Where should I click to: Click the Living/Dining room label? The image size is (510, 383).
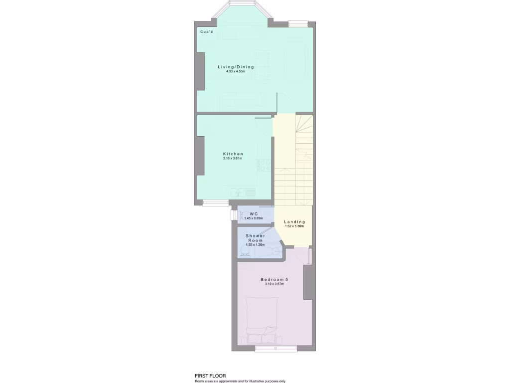[236, 67]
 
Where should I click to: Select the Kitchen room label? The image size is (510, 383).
[233, 154]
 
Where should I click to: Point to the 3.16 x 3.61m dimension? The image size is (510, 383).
[233, 159]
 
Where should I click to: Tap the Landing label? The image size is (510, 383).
[294, 222]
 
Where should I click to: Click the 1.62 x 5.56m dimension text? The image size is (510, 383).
[294, 226]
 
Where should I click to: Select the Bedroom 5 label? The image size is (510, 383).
[274, 280]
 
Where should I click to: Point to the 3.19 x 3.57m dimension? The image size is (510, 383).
[274, 284]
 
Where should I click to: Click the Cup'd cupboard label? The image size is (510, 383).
[207, 32]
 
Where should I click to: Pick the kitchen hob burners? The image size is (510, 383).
[264, 165]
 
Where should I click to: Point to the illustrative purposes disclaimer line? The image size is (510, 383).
[240, 381]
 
